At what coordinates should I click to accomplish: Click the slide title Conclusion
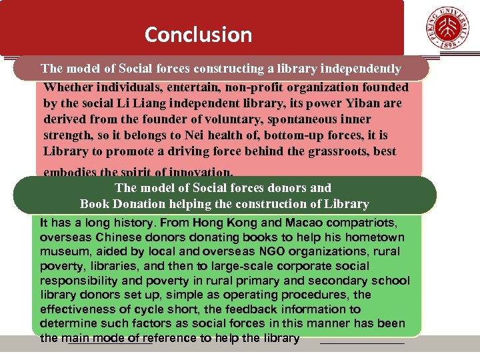(x=198, y=34)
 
